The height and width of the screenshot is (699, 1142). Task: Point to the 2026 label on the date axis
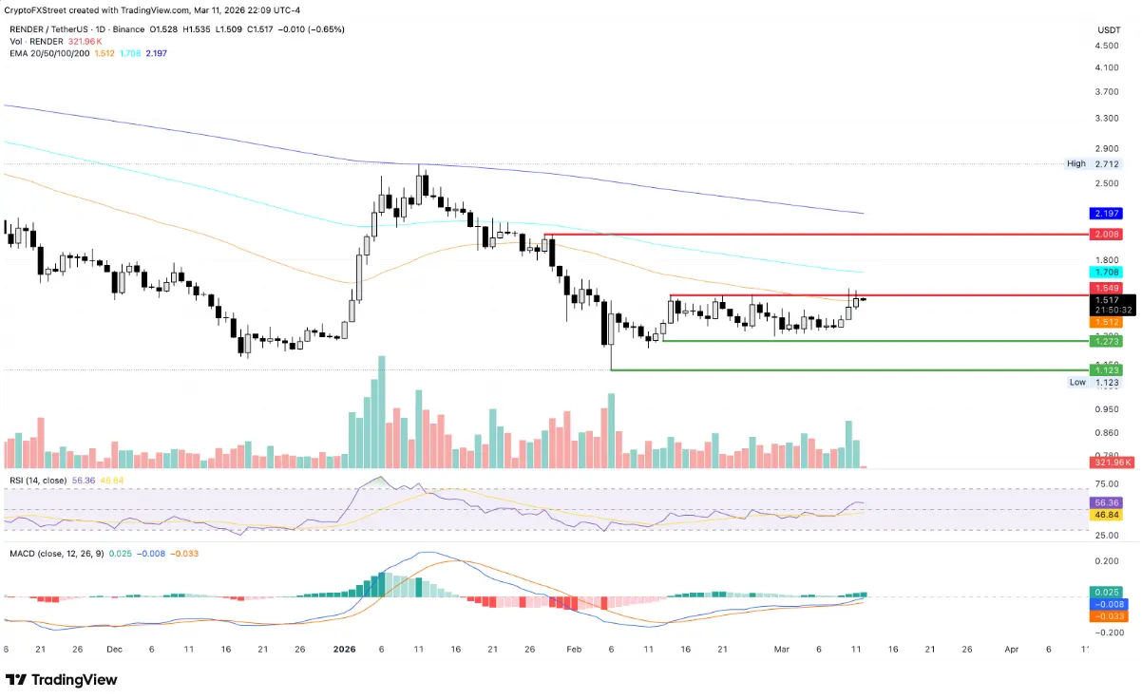[x=344, y=649]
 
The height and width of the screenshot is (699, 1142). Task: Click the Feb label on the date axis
[x=573, y=649]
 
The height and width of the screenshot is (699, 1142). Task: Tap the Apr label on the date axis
[x=1011, y=649]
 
